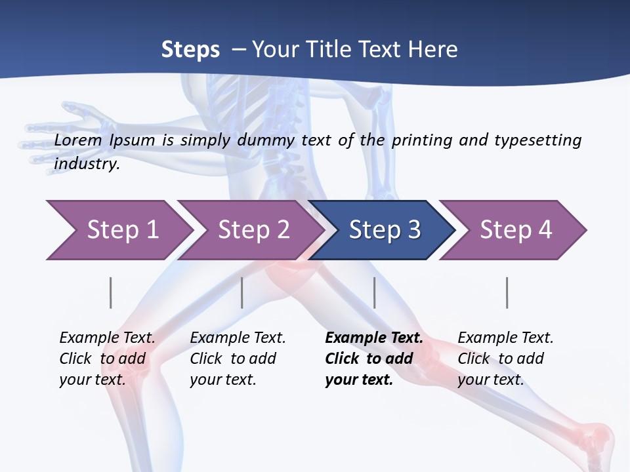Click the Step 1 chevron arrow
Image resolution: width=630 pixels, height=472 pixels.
point(121,230)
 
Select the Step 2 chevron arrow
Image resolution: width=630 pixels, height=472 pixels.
point(253,230)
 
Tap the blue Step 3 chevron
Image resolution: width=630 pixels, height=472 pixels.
point(384,230)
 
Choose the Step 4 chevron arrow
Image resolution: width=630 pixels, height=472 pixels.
point(515,230)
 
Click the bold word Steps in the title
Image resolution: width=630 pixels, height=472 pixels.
point(190,50)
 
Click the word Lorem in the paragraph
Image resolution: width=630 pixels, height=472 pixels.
point(78,140)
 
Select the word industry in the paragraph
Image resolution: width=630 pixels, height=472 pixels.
point(87,164)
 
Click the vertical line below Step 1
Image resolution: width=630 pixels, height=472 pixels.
point(111,292)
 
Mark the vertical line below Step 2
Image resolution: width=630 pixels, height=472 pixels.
point(242,292)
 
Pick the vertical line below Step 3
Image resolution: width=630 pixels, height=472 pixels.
point(375,292)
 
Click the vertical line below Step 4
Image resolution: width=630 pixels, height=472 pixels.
point(507,292)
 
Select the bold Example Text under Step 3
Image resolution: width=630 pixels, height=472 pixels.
point(374,338)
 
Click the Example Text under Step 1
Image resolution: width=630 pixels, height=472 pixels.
point(107,338)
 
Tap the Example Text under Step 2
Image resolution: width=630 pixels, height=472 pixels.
point(238,338)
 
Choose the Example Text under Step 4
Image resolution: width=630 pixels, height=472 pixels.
point(505,338)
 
